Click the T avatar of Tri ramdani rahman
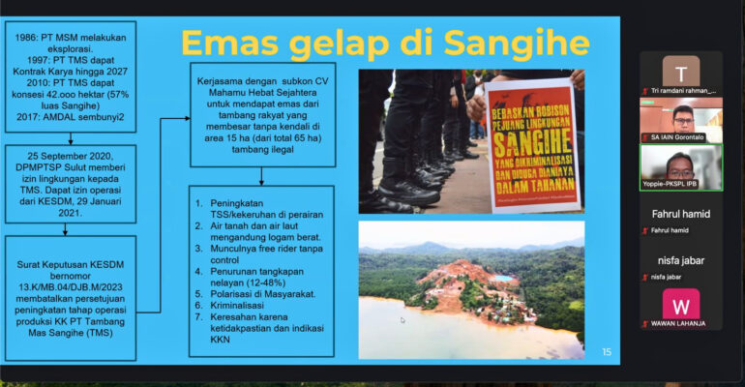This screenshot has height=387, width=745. [x=680, y=72]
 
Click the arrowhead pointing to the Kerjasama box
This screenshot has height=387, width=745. [x=188, y=119]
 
